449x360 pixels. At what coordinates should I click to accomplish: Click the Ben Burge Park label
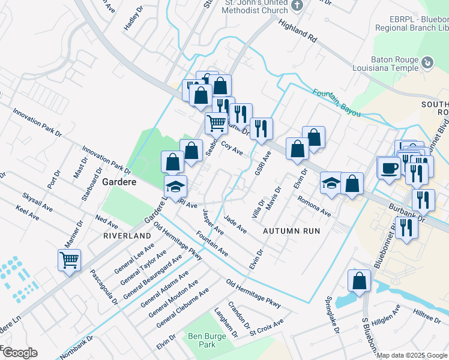click(x=206, y=340)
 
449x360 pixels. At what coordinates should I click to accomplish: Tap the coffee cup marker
click(x=388, y=167)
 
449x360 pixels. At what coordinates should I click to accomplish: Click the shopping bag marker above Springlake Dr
click(x=359, y=281)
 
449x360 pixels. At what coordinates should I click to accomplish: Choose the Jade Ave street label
click(x=235, y=226)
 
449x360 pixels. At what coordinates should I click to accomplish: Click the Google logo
click(x=19, y=353)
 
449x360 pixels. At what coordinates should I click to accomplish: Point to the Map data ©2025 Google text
click(x=411, y=355)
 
